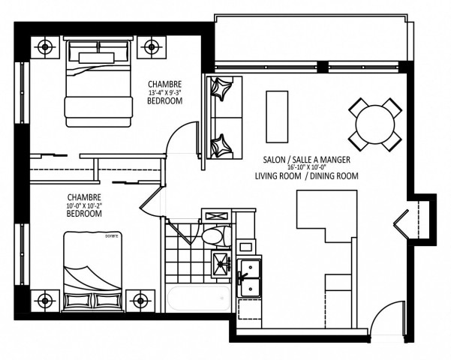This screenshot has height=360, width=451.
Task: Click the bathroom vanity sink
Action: coord(222,262)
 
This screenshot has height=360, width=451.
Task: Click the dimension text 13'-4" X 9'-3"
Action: coord(165,93)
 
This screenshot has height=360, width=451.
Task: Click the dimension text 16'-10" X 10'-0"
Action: coord(308,169)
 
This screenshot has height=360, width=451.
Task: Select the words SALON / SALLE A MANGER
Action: coord(307,160)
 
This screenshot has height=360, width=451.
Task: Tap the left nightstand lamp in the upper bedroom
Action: coord(47,47)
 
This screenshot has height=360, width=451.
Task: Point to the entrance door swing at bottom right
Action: coord(383,319)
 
